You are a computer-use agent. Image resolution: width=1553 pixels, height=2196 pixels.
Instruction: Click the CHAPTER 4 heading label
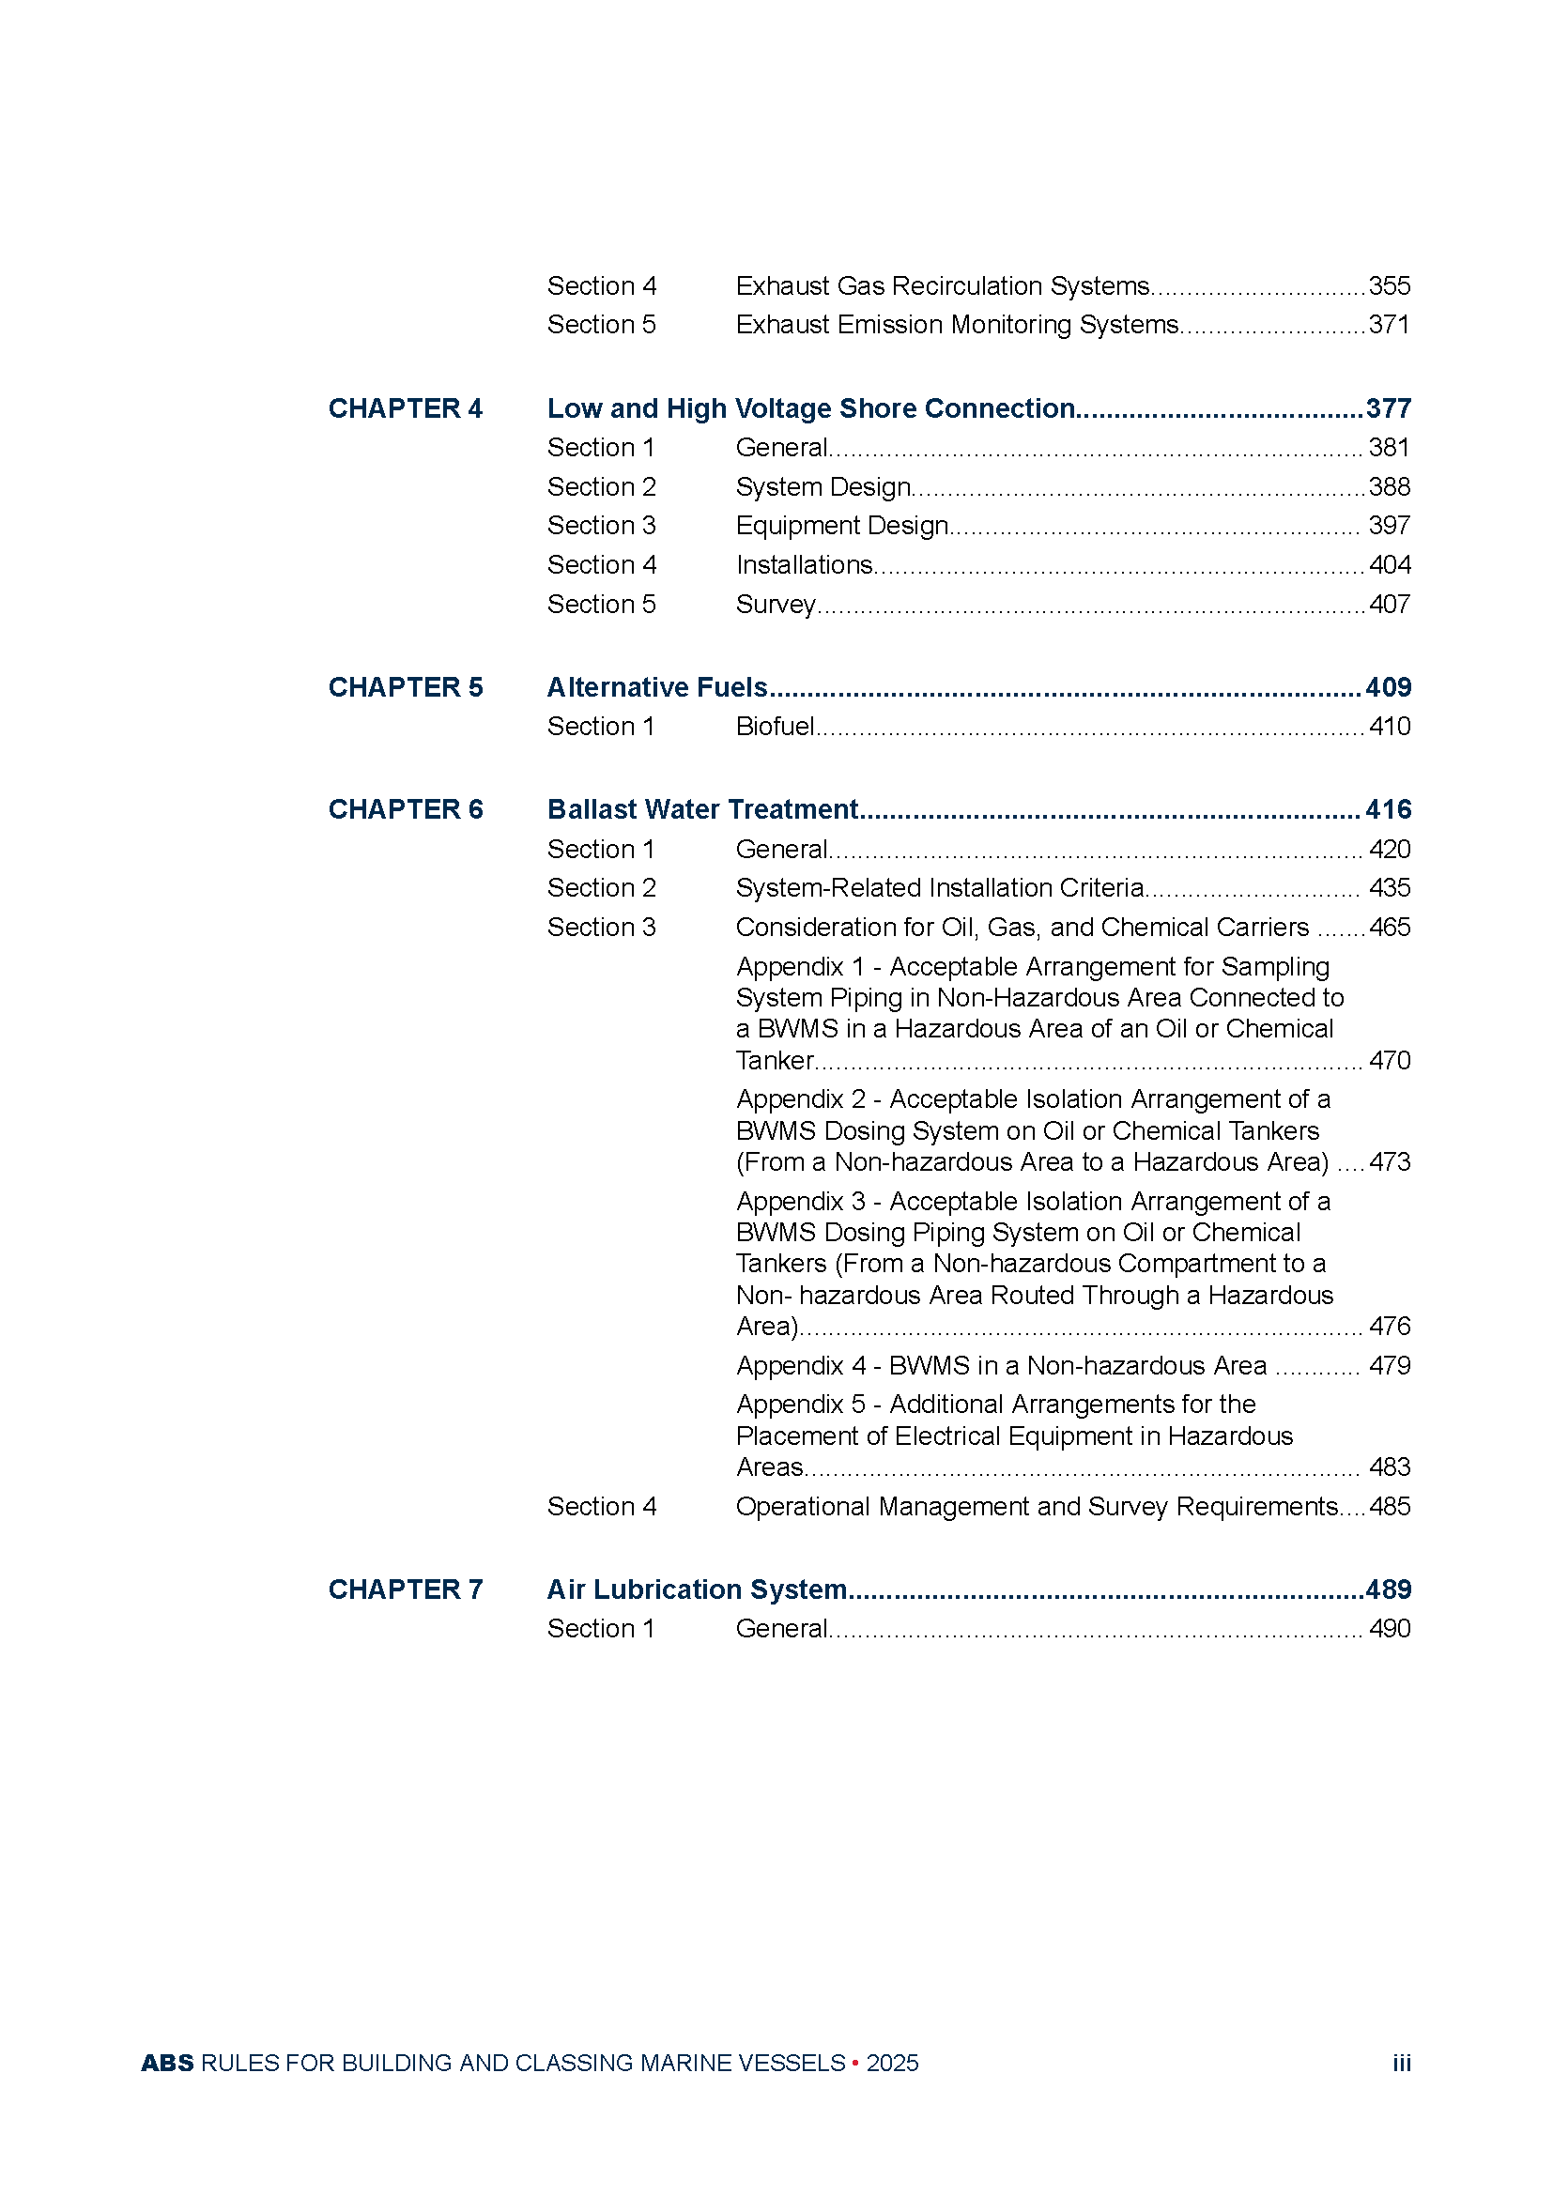pos(406,408)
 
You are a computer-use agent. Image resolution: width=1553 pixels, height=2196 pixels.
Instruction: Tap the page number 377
pos(1388,408)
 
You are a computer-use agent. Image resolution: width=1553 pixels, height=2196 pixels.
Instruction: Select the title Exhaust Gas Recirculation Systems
pos(942,286)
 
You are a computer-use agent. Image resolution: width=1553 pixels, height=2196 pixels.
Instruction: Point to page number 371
pos(1389,325)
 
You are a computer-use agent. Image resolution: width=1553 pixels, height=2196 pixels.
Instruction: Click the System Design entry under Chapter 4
pos(823,487)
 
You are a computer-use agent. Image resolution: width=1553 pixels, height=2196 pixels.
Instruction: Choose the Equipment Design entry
pos(841,526)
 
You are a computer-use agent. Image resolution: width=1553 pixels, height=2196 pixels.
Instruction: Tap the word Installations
pos(804,565)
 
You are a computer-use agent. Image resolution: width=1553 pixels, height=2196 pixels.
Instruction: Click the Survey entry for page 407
pos(776,605)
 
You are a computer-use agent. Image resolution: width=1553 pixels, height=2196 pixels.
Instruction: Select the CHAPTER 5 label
pos(406,686)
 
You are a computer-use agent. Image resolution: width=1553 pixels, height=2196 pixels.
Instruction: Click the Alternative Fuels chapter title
pos(657,686)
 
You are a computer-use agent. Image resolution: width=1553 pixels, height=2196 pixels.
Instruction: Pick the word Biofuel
pos(775,727)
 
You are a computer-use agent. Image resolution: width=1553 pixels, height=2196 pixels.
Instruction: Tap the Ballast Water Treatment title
pos(703,809)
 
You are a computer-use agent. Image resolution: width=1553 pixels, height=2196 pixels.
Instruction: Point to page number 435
pos(1389,887)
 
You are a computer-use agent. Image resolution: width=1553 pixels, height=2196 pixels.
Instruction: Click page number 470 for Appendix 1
pos(1389,1060)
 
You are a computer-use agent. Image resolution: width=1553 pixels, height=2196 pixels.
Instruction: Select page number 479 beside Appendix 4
pos(1389,1365)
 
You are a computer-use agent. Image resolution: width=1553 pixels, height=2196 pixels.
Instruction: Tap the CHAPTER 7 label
pos(406,1589)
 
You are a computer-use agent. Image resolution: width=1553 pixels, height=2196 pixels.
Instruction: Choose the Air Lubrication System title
pos(697,1589)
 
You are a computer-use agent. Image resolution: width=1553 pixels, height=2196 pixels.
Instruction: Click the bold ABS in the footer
pos(167,2063)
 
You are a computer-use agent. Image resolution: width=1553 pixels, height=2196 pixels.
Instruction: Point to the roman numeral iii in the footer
pos(1401,2063)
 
